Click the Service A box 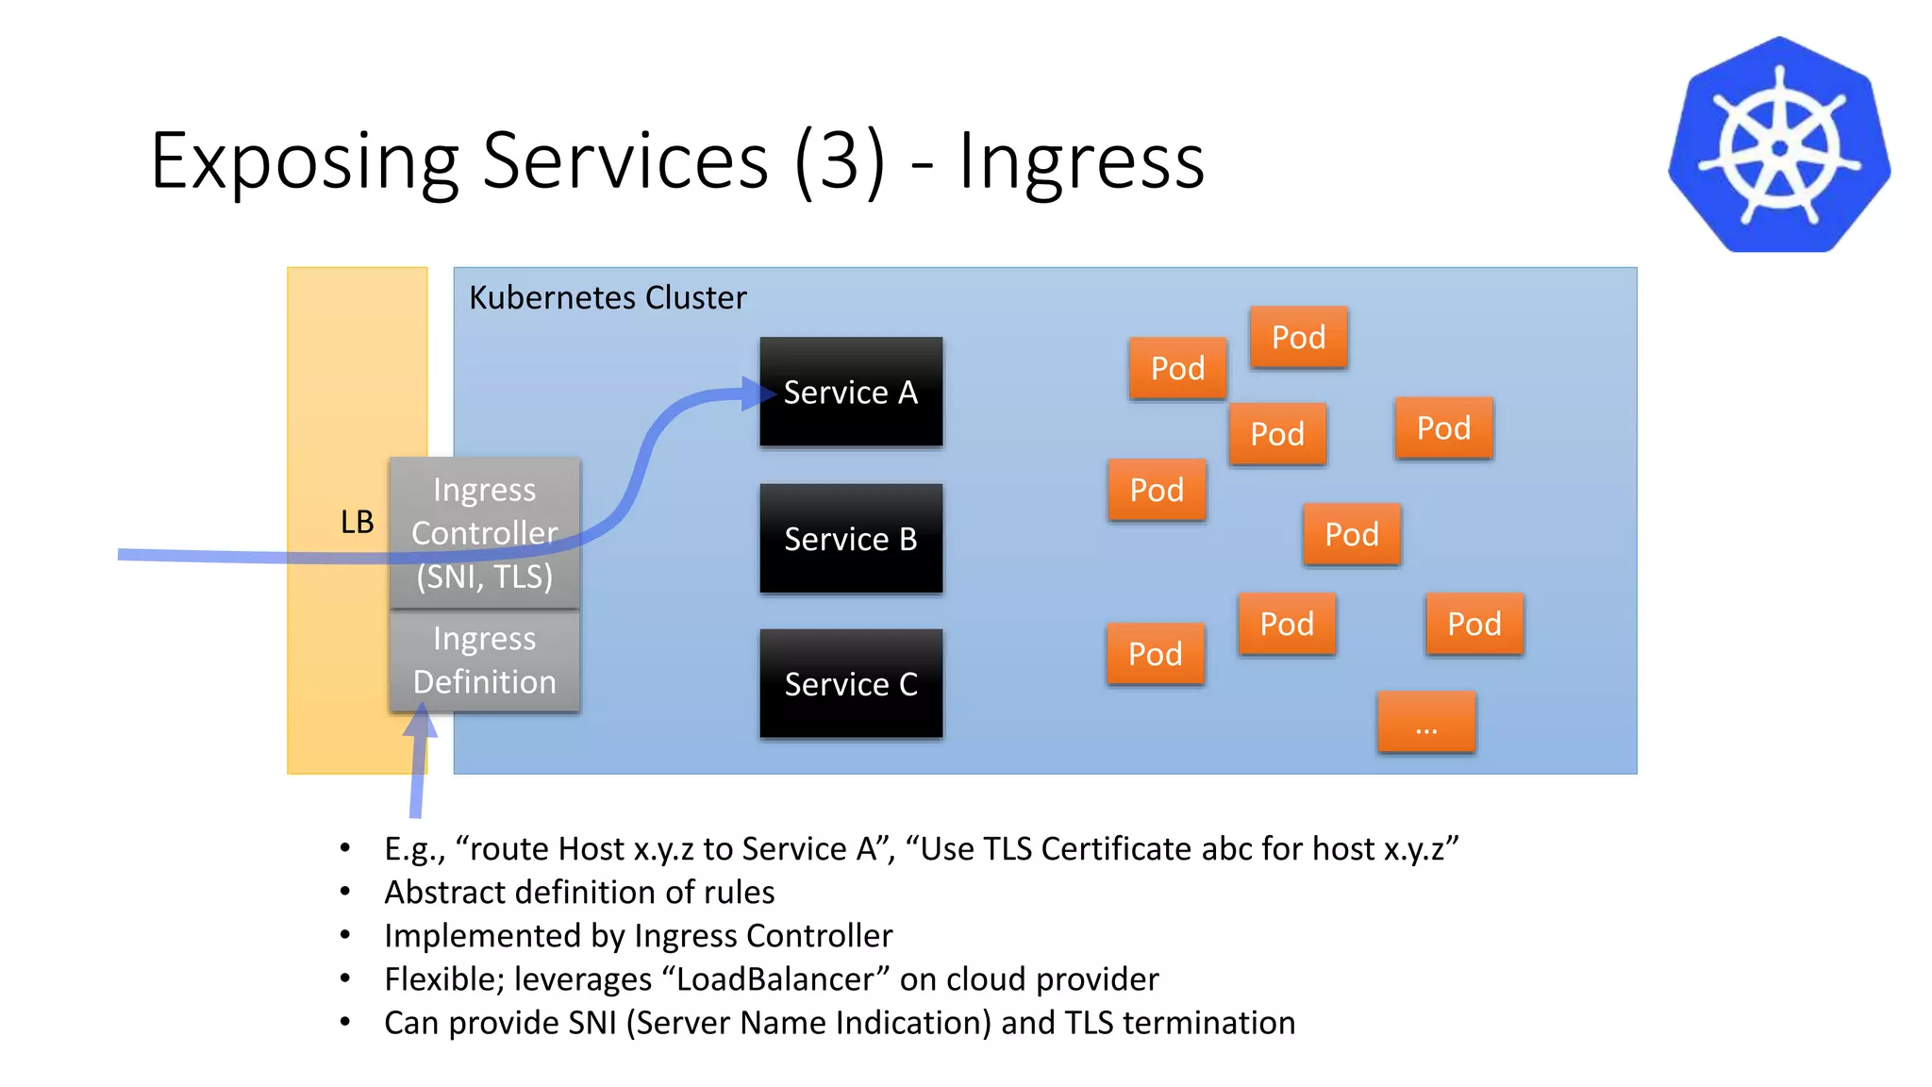coord(851,392)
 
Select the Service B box coord(851,539)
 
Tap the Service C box coord(851,684)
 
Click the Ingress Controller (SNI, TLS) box coord(485,533)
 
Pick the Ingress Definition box coord(485,661)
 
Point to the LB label coord(357,522)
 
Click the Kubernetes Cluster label coord(608,298)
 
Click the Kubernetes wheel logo coord(1779,146)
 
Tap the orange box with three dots coord(1426,723)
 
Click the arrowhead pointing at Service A coord(758,393)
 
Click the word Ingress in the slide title coord(1081,160)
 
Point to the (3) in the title coord(840,160)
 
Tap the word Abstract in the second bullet coord(444,893)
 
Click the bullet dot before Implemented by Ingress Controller coord(345,935)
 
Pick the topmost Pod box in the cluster coord(1298,337)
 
